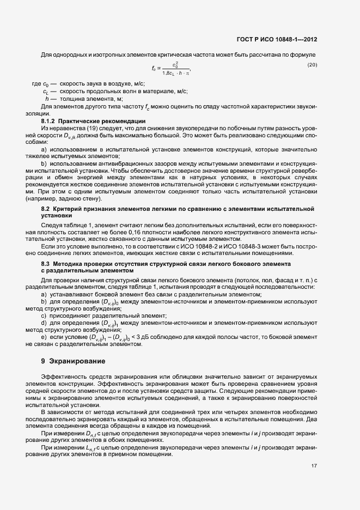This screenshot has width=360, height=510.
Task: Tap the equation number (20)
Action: click(x=312, y=65)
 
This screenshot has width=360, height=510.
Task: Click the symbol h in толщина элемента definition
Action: click(x=48, y=99)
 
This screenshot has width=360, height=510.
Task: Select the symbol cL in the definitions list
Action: click(x=46, y=92)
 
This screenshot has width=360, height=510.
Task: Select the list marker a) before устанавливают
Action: click(x=44, y=294)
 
